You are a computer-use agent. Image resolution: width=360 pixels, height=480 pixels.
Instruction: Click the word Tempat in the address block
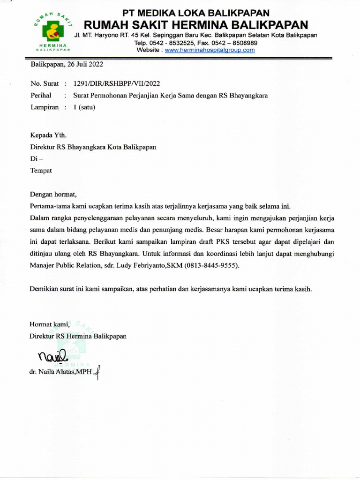pos(41,171)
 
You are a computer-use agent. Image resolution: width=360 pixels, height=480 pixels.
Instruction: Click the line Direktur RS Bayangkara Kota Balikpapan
pos(93,147)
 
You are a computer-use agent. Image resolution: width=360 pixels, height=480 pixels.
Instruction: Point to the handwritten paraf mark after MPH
pos(97,373)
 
